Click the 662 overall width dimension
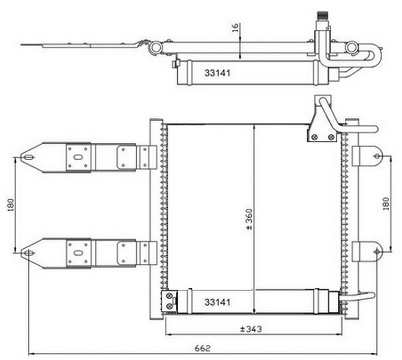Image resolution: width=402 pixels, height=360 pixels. pyautogui.click(x=203, y=349)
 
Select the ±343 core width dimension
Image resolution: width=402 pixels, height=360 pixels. pyautogui.click(x=251, y=329)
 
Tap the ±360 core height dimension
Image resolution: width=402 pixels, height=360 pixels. pyautogui.click(x=249, y=219)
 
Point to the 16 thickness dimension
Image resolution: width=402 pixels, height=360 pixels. pyautogui.click(x=235, y=28)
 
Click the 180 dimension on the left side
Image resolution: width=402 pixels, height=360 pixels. pyautogui.click(x=11, y=205)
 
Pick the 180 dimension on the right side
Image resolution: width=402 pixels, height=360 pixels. pyautogui.click(x=386, y=204)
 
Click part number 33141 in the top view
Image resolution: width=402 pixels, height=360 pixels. pyautogui.click(x=217, y=73)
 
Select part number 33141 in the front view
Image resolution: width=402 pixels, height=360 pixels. pyautogui.click(x=217, y=302)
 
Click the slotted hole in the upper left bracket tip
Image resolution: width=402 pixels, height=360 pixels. pyautogui.click(x=28, y=157)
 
